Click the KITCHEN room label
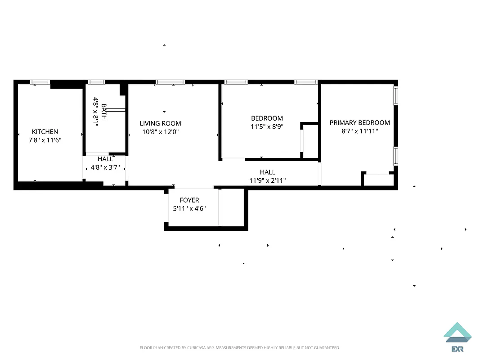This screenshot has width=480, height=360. pyautogui.click(x=45, y=132)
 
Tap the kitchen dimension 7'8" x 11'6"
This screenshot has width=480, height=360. pyautogui.click(x=45, y=140)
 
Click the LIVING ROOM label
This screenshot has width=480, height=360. pyautogui.click(x=160, y=123)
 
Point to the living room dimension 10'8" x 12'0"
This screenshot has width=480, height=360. pyautogui.click(x=160, y=132)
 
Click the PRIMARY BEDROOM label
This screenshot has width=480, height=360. pyautogui.click(x=359, y=122)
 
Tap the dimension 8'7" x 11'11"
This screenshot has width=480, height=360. pyautogui.click(x=359, y=131)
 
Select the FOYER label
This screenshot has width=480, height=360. pyautogui.click(x=189, y=200)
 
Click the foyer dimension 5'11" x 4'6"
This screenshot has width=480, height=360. pyautogui.click(x=189, y=208)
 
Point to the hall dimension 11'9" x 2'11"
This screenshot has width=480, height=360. pyautogui.click(x=268, y=180)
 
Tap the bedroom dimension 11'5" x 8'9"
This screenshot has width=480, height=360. pyautogui.click(x=267, y=127)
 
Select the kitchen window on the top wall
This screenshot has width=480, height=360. pyautogui.click(x=40, y=82)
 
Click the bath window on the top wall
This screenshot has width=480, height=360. pyautogui.click(x=96, y=82)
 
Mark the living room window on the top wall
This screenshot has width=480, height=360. pyautogui.click(x=170, y=82)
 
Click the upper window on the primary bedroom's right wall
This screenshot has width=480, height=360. pyautogui.click(x=395, y=95)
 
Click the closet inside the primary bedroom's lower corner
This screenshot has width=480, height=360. pyautogui.click(x=377, y=180)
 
